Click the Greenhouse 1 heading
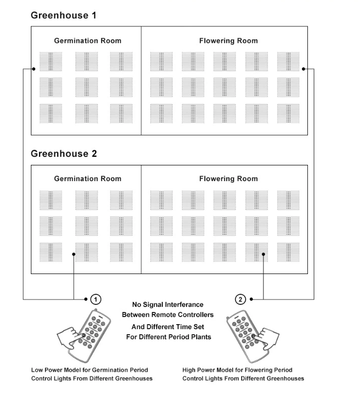[64, 15]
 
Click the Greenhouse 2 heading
[64, 153]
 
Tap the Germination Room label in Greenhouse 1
[88, 40]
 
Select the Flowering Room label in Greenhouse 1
[229, 40]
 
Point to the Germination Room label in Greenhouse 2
[88, 178]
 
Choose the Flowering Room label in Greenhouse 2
[229, 178]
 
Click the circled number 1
[95, 299]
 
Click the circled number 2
[241, 299]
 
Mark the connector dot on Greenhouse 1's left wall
[32, 69]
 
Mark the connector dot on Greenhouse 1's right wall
[303, 69]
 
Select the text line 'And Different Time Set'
[168, 327]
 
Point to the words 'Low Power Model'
[55, 370]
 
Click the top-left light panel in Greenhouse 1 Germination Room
[51, 61]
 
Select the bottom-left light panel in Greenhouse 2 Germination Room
[51, 252]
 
